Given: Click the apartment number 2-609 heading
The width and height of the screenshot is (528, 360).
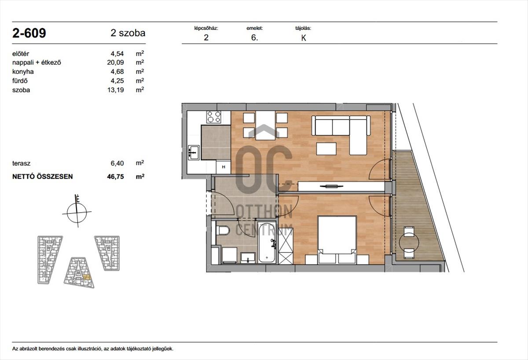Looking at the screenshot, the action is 29,33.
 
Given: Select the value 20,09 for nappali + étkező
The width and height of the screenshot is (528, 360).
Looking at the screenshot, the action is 115,62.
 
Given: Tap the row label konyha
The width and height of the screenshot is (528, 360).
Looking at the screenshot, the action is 23,72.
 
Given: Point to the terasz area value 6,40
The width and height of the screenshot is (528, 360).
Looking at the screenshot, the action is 117,163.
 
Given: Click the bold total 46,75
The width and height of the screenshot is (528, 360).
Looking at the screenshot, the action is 115,176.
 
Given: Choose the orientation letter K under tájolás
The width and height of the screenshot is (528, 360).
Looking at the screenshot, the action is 303,38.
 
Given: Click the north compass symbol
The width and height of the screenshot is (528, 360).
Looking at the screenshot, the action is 77,211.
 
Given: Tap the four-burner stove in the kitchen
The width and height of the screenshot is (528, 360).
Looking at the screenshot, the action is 214,117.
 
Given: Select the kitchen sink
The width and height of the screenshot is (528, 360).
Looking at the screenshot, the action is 194,153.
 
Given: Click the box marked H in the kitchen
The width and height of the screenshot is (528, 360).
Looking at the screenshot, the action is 224,167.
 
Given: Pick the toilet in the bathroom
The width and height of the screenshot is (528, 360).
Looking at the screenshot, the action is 223,230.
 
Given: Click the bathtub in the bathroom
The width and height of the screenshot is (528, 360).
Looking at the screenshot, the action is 267,242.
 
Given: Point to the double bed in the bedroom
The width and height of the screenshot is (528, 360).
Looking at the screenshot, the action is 337,240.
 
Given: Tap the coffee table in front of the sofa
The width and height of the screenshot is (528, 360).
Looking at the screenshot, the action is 326,148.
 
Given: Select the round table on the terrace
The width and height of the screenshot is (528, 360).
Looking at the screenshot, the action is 409,242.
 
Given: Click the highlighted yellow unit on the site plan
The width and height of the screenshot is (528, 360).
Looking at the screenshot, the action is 87,277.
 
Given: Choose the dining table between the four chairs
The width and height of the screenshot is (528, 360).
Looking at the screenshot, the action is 265,125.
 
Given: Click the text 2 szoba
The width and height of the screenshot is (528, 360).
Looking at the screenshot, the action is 128,33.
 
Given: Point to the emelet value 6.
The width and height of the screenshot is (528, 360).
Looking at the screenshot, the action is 255,38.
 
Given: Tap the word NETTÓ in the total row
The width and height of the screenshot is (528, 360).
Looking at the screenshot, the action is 23,176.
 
